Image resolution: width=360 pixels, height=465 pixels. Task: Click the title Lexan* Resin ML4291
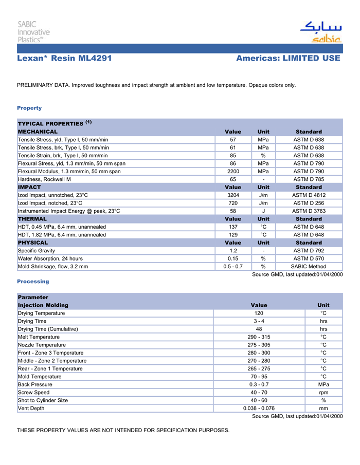64,59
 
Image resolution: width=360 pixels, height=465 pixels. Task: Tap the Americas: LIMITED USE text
288,59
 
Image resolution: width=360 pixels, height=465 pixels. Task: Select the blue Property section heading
29,108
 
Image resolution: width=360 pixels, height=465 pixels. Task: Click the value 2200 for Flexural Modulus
233,171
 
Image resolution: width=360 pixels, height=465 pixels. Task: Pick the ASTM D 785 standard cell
309,179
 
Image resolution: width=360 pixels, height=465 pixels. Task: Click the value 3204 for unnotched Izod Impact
233,195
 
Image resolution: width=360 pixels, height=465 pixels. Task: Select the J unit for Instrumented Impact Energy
263,211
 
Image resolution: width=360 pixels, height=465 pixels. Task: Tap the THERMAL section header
32,219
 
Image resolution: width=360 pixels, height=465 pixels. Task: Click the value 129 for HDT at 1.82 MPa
233,235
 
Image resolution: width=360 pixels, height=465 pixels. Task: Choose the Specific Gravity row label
37,251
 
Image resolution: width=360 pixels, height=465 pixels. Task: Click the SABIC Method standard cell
309,267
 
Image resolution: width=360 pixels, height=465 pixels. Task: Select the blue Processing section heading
33,282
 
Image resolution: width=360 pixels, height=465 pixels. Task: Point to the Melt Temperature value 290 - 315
259,337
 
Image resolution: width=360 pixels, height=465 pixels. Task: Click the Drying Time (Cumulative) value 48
259,329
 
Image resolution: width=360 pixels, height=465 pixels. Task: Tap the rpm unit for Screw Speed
323,393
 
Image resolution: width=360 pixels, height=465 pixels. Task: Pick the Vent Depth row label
31,408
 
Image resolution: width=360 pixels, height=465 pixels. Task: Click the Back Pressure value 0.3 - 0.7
259,384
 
